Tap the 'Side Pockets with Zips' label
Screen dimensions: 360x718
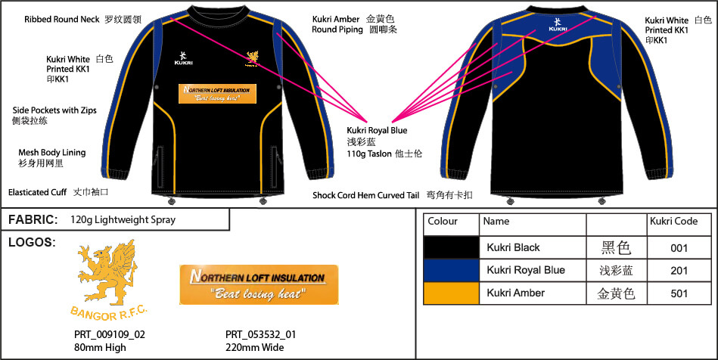(54, 110)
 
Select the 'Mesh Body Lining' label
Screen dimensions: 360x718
(52, 152)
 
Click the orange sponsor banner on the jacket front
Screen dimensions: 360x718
(218, 94)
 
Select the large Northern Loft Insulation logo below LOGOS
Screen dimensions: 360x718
(259, 284)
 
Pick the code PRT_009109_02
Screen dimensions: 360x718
(110, 335)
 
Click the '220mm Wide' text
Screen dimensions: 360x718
(255, 347)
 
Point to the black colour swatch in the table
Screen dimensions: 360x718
(451, 247)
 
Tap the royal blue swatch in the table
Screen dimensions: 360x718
(451, 270)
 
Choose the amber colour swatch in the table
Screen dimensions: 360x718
(451, 293)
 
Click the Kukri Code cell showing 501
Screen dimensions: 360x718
(679, 293)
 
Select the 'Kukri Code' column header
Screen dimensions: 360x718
(673, 222)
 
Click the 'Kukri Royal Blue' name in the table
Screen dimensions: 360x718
(526, 270)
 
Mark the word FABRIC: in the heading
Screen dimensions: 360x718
(33, 219)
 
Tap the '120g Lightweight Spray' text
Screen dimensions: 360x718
(123, 220)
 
